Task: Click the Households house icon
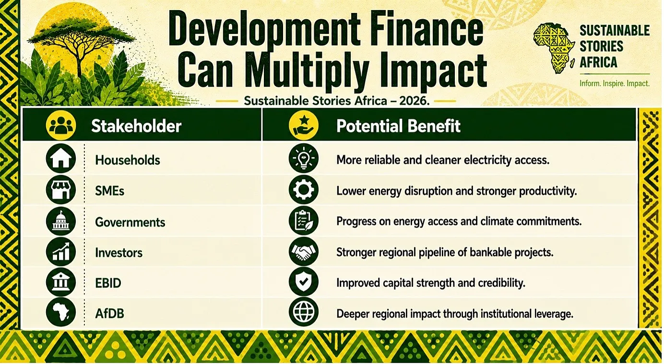click(x=61, y=159)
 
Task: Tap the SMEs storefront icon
click(x=61, y=190)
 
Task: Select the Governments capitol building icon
click(x=61, y=221)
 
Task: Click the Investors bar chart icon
click(x=61, y=251)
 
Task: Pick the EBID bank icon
click(x=61, y=282)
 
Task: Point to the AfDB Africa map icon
click(x=61, y=312)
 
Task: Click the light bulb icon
click(x=304, y=159)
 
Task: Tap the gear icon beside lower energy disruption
click(x=304, y=189)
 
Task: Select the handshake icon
click(x=304, y=251)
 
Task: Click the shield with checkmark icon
click(x=304, y=282)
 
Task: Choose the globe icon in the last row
click(x=304, y=312)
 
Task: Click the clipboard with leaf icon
click(x=304, y=221)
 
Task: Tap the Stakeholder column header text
click(x=136, y=126)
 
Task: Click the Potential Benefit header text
click(x=398, y=126)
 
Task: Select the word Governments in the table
click(x=130, y=222)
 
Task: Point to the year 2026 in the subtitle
click(x=414, y=101)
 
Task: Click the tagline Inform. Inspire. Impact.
click(x=615, y=84)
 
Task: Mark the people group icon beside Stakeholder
click(x=61, y=125)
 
